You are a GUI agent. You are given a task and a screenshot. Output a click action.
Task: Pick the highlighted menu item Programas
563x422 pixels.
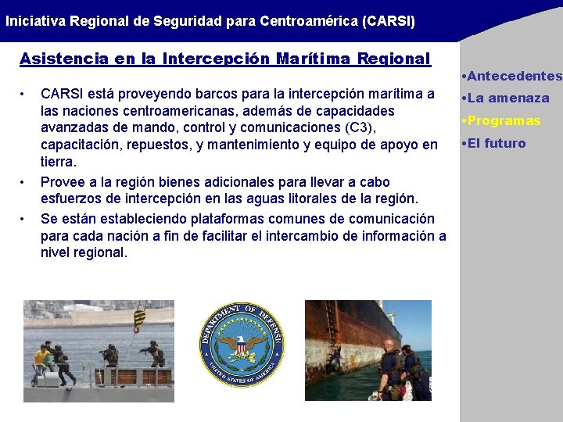coord(504,121)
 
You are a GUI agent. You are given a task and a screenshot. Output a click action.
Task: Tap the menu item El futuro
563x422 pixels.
coord(497,144)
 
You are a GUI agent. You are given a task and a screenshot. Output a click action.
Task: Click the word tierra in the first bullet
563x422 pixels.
coord(58,162)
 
